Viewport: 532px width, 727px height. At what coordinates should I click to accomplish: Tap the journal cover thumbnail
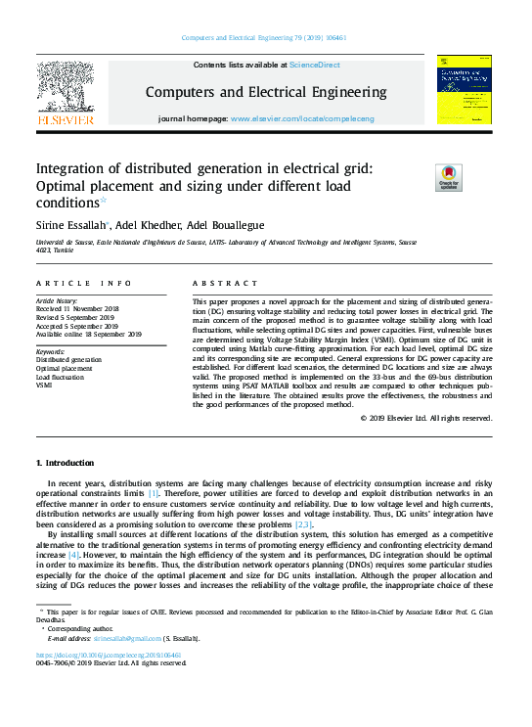pos(465,89)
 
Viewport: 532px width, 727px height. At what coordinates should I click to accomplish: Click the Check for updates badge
pos(448,177)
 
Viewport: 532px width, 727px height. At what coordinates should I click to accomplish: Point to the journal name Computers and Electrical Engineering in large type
pos(266,93)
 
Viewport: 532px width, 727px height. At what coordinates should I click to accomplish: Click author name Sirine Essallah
pos(71,224)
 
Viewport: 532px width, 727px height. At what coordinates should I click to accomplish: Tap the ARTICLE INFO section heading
pos(83,283)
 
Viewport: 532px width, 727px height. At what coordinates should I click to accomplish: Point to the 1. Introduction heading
pos(66,462)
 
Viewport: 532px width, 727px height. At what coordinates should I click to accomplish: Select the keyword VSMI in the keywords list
pos(45,386)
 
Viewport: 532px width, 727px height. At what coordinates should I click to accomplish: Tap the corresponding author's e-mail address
pos(126,637)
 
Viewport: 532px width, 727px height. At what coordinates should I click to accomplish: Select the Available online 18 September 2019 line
pos(89,334)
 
